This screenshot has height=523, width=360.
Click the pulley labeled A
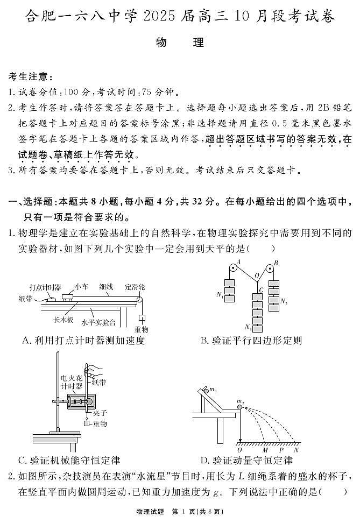click(x=232, y=268)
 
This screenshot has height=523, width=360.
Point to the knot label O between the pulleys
click(x=257, y=275)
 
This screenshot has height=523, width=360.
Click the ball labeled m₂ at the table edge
click(x=240, y=408)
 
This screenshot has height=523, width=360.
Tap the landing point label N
click(x=296, y=449)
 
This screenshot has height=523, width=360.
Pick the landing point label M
click(x=265, y=449)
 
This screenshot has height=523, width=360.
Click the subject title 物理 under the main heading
click(x=180, y=43)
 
